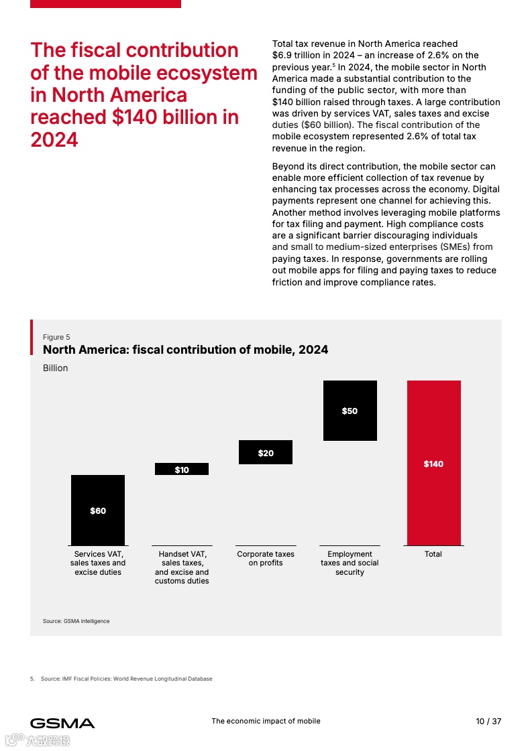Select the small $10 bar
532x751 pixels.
(x=182, y=469)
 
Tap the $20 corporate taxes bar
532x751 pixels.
(x=266, y=452)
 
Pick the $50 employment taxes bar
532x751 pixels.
(x=350, y=410)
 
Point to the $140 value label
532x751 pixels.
(x=433, y=464)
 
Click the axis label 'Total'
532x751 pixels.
(x=433, y=554)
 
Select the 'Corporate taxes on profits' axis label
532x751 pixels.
(x=266, y=559)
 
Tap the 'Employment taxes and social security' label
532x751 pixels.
(x=350, y=563)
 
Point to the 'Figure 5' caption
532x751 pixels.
(x=56, y=337)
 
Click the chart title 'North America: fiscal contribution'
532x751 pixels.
(x=185, y=350)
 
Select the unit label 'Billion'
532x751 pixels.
(x=56, y=368)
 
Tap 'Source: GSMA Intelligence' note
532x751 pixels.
(x=76, y=621)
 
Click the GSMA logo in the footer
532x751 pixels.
(x=62, y=723)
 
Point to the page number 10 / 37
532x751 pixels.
(x=488, y=722)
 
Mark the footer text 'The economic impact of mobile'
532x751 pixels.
(x=266, y=721)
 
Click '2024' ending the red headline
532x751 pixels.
(x=54, y=139)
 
